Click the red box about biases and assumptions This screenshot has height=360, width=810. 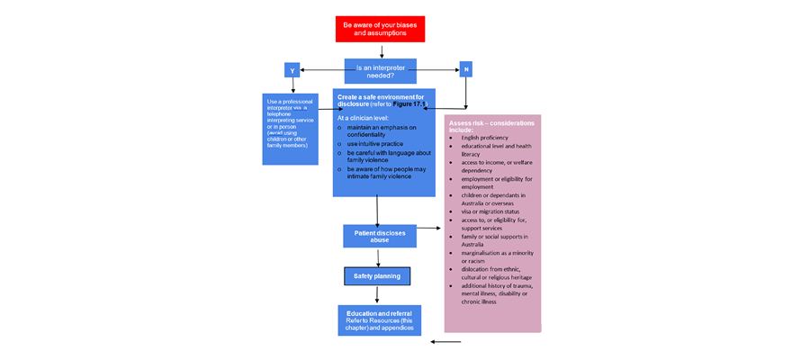[x=380, y=29]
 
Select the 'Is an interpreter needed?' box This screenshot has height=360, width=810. [x=381, y=70]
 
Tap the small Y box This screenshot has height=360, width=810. [x=292, y=70]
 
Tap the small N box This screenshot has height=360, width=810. [x=465, y=70]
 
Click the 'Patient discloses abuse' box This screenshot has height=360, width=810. [x=379, y=236]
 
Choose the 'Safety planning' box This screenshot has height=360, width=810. [x=377, y=275]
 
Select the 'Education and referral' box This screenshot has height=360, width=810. [x=379, y=320]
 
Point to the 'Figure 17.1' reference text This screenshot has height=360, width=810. [x=409, y=104]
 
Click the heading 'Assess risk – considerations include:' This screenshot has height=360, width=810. [x=491, y=126]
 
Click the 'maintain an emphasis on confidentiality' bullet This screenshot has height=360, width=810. [x=382, y=131]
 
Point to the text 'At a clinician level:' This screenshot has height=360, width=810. [x=363, y=117]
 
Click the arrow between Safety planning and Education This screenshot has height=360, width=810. [x=377, y=294]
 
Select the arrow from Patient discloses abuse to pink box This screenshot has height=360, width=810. [x=429, y=229]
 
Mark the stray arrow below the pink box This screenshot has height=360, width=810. [x=445, y=342]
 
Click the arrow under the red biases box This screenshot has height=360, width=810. [x=381, y=50]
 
